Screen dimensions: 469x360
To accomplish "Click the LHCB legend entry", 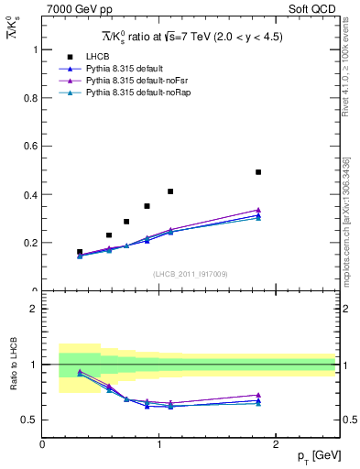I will [96, 57].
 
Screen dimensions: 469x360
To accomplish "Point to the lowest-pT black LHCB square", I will [80, 251].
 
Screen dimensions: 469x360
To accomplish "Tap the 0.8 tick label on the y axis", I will [29, 98].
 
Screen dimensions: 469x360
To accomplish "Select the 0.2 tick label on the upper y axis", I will [29, 244].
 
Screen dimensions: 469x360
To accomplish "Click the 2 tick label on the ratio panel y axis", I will [33, 309].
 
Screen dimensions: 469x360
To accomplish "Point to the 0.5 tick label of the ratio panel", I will [29, 420].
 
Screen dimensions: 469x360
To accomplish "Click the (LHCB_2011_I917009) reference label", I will [190, 273].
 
